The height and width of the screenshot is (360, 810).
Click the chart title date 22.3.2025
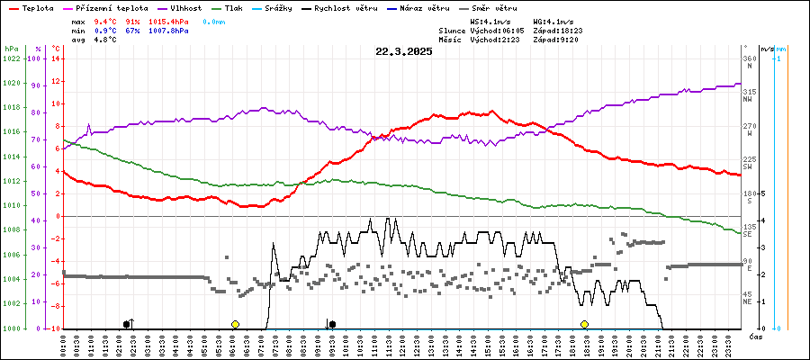[x=404, y=51]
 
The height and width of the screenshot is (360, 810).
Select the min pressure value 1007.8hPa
[x=168, y=31]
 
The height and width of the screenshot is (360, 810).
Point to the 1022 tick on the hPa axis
[x=11, y=58]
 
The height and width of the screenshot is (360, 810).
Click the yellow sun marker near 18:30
[x=584, y=324]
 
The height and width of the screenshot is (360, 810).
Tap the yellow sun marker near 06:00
[x=235, y=324]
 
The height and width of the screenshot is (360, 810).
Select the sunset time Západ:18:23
[x=558, y=31]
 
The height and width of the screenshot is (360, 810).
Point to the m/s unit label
[x=766, y=49]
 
